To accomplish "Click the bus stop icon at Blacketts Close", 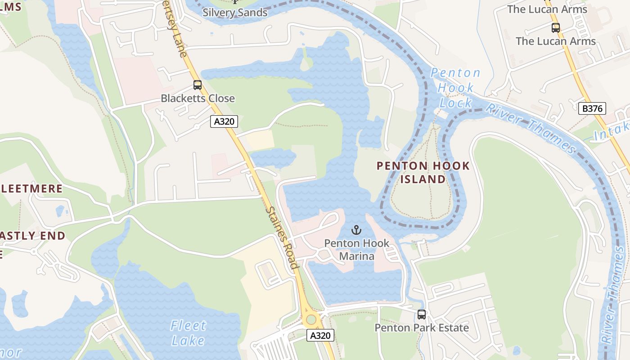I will click(x=197, y=85).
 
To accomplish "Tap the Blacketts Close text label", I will click(x=198, y=98).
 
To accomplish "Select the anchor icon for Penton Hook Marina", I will click(x=356, y=230).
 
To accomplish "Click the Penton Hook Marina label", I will click(x=357, y=250).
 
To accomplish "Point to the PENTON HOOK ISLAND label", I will click(x=423, y=172).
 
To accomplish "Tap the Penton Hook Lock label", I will click(x=455, y=88).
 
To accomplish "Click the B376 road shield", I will click(x=592, y=108).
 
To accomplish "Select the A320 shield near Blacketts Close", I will click(x=224, y=121).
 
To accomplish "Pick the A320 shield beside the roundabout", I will click(x=320, y=335).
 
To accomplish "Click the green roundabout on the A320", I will click(x=311, y=319).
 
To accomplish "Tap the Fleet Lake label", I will click(x=189, y=333).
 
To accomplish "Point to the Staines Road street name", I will click(x=282, y=237).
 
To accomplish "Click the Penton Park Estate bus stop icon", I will click(x=421, y=315).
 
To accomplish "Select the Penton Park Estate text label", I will click(x=422, y=328).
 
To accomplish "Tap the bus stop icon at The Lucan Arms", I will click(x=556, y=28).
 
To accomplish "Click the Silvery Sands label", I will click(x=235, y=12).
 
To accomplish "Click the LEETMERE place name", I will click(x=31, y=189).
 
